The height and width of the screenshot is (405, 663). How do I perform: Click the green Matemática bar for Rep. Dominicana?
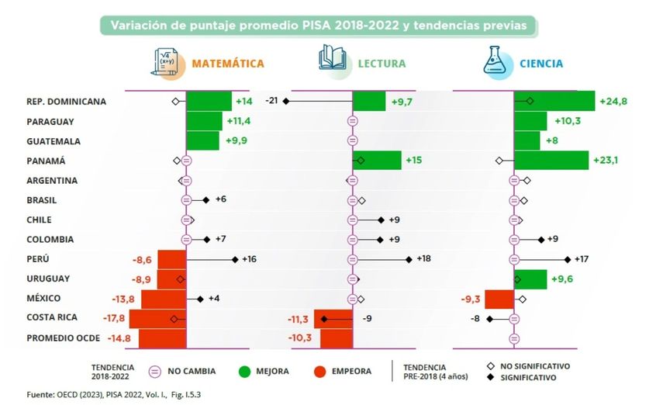pyautogui.click(x=209, y=101)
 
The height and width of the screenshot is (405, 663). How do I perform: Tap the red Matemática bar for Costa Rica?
pyautogui.click(x=157, y=318)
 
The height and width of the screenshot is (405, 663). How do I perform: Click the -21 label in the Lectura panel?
pyautogui.click(x=271, y=101)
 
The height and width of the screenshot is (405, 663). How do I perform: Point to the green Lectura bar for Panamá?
pyautogui.click(x=377, y=161)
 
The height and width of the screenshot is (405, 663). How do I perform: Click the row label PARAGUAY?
pyautogui.click(x=50, y=122)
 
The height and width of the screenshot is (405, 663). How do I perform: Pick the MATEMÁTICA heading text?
pyautogui.click(x=228, y=64)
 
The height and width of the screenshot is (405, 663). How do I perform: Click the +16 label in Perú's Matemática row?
pyautogui.click(x=248, y=259)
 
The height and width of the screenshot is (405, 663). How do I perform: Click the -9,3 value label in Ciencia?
pyautogui.click(x=471, y=299)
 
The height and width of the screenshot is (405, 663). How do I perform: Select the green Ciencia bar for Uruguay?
pyautogui.click(x=530, y=279)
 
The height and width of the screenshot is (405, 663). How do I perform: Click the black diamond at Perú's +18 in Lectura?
pyautogui.click(x=409, y=259)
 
